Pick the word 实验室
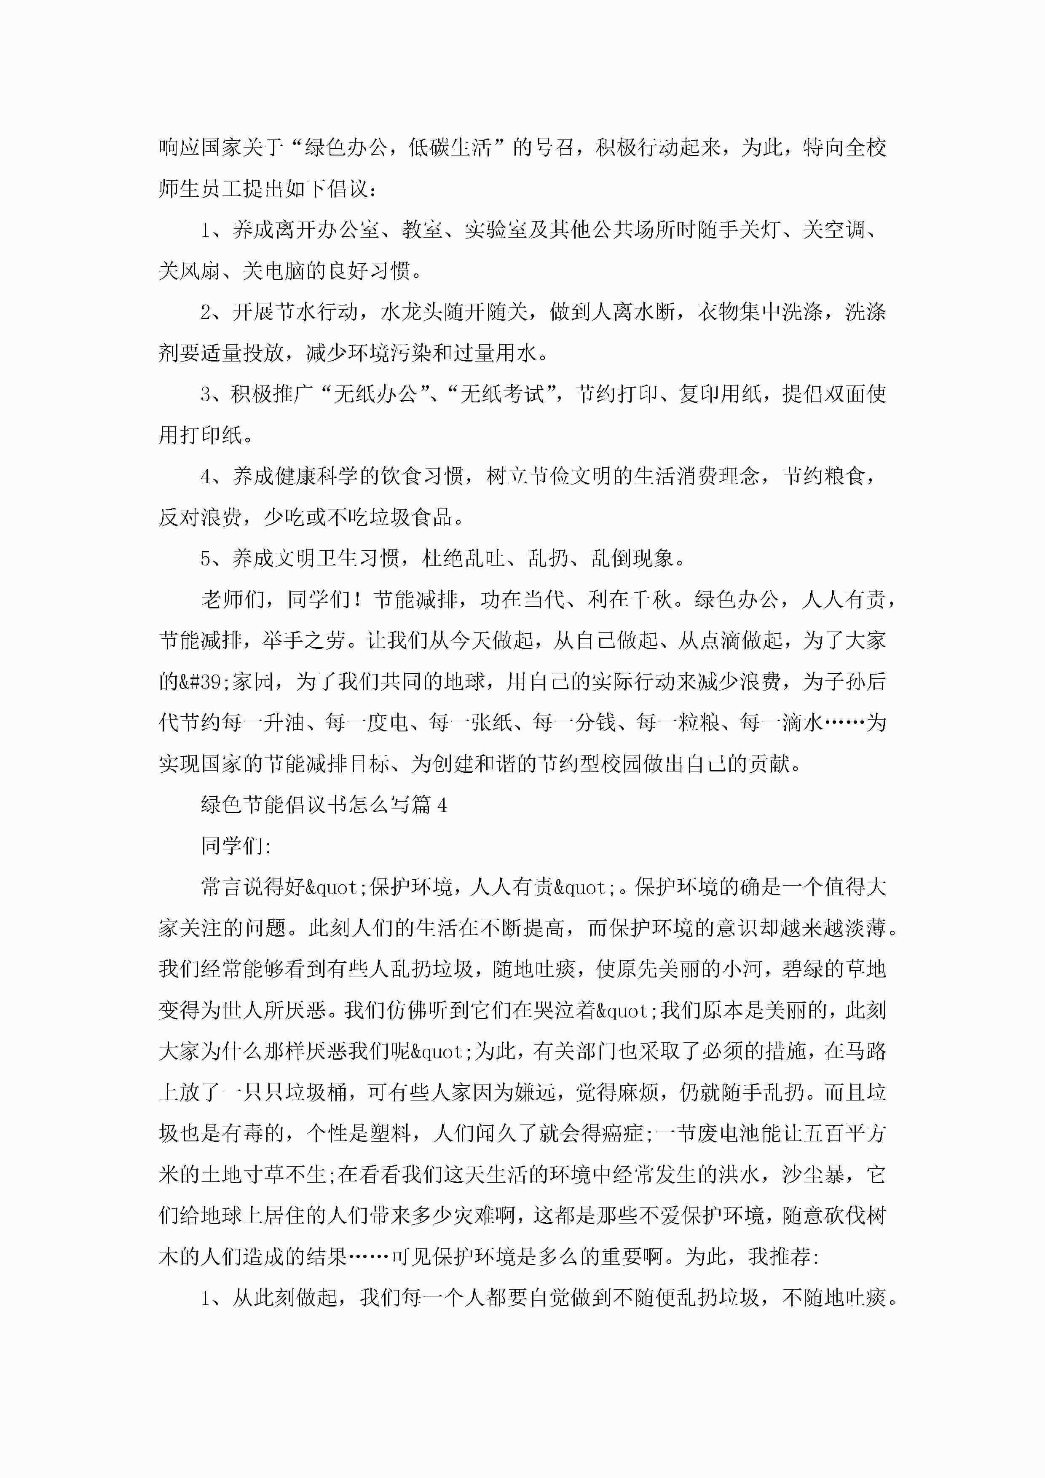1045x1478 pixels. pos(496,230)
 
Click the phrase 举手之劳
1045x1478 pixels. pos(306,640)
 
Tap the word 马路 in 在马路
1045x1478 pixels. pos(865,1051)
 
